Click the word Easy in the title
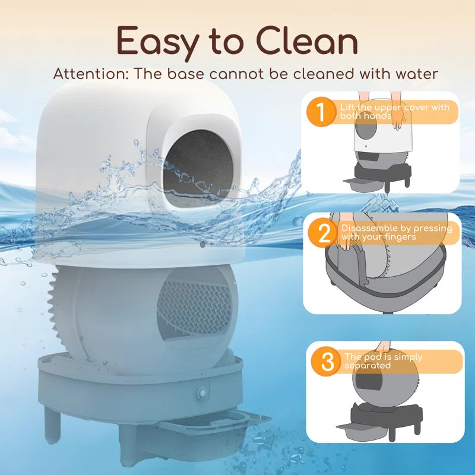point(156,42)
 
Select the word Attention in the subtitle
point(88,74)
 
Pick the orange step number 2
point(324,233)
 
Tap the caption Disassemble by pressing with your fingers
point(397,233)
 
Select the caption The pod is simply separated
point(383,361)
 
